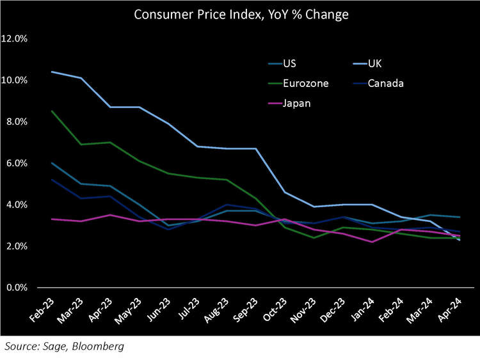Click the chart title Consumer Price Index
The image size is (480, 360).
241,14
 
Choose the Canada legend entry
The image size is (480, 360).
387,83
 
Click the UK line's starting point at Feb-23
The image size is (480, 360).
51,72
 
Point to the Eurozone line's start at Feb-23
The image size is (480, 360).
51,111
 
